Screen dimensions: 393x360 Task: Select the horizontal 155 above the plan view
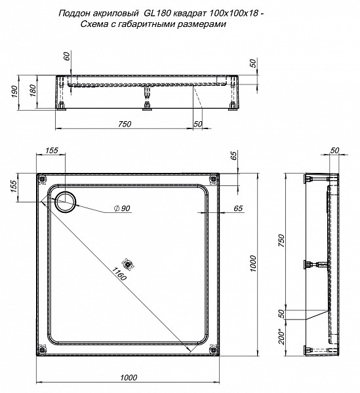click(52, 151)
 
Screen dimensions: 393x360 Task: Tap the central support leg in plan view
click(129, 265)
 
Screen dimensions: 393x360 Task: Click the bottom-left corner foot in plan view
click(44, 350)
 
